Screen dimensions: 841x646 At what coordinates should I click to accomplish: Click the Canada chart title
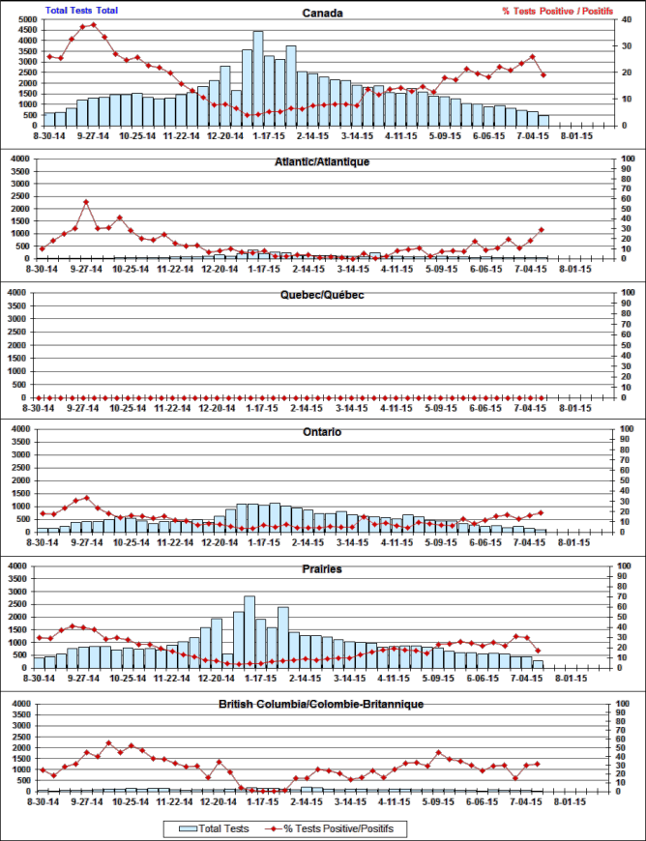[322, 14]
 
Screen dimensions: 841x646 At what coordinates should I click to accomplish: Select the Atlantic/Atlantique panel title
[322, 161]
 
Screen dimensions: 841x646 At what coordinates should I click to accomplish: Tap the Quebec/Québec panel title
[322, 295]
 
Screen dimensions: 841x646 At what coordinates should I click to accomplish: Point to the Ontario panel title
[322, 432]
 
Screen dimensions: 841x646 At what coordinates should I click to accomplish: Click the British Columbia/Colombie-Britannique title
[322, 705]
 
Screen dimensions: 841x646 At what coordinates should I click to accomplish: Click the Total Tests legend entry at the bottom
[215, 828]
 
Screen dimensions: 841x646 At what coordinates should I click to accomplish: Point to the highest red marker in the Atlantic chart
[86, 202]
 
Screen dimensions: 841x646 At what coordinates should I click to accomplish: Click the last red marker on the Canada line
[543, 74]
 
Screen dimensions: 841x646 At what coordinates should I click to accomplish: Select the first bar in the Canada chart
[49, 120]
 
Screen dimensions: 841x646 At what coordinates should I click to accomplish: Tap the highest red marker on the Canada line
[93, 25]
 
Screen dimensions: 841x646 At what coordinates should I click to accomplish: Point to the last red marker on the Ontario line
[542, 512]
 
